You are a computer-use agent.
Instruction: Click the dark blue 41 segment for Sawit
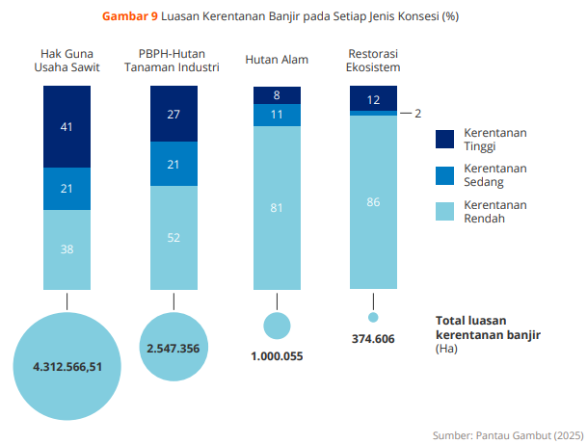(67, 125)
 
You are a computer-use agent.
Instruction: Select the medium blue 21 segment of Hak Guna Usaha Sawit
(67, 188)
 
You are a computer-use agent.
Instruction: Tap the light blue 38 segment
(67, 248)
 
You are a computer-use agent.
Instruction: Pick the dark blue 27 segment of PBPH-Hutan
(173, 114)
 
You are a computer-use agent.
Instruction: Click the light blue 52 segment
(173, 237)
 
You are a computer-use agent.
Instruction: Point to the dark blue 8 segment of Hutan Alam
(277, 94)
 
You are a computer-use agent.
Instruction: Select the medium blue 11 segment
(277, 115)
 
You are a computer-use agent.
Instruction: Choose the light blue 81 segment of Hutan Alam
(277, 207)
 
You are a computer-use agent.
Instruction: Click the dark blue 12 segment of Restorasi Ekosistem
(373, 98)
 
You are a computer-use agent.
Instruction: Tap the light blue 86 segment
(373, 201)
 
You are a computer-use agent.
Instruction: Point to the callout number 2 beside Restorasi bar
(417, 114)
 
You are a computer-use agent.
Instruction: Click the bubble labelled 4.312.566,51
(67, 367)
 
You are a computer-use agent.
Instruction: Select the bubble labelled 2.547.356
(173, 347)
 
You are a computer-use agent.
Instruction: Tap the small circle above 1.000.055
(277, 326)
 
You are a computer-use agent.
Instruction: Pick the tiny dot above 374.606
(373, 317)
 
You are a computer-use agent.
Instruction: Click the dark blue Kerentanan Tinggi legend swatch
(444, 140)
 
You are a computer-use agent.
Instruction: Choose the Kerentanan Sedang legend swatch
(444, 174)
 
